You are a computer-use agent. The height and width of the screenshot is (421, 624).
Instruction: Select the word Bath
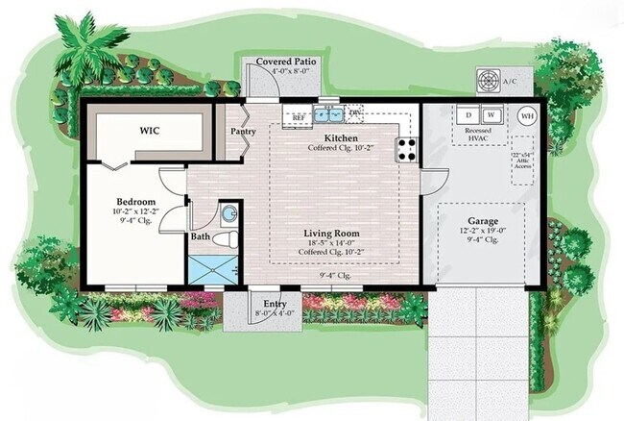click(x=200, y=235)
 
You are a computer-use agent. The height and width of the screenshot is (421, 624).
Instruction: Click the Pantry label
click(x=240, y=133)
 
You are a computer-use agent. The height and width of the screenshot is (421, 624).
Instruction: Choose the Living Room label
click(x=332, y=233)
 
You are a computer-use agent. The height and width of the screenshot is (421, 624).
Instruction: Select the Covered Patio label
click(x=286, y=62)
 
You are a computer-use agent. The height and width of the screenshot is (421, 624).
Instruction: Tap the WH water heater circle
click(x=527, y=115)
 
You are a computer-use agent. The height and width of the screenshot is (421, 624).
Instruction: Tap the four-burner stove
click(x=407, y=149)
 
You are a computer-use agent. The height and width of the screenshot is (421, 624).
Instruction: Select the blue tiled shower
click(x=212, y=267)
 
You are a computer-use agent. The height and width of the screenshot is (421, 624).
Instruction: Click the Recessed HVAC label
click(x=478, y=135)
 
